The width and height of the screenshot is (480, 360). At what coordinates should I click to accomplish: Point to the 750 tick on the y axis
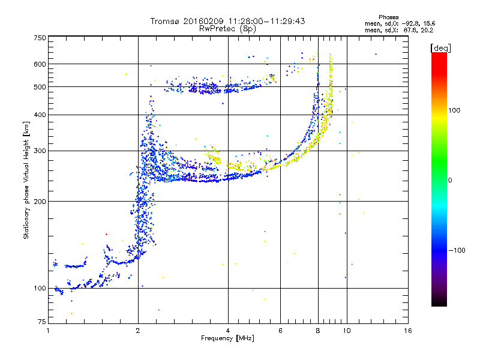coord(40,38)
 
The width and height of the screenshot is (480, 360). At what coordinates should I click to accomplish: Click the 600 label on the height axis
coord(40,64)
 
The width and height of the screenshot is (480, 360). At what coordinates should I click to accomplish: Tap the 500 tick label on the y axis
coord(40,87)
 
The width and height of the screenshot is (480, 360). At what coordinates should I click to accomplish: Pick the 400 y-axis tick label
coord(40,115)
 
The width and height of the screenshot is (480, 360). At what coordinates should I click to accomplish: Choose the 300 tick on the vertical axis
coord(40,151)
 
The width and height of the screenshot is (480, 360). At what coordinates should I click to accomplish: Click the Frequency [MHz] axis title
coord(227,338)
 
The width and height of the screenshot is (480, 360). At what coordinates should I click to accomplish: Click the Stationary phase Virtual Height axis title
coord(26,180)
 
